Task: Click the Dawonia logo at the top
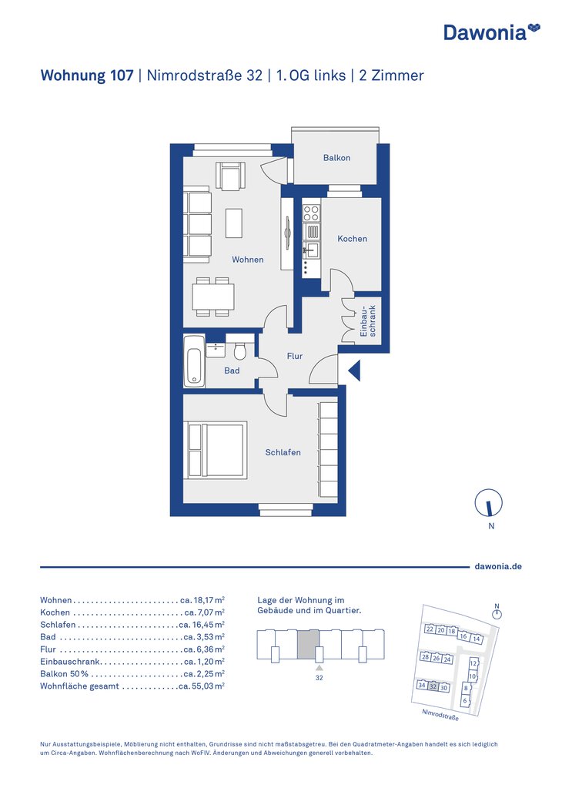click(492, 32)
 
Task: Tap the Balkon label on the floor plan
click(336, 158)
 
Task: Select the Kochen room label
click(352, 238)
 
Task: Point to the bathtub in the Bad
click(195, 361)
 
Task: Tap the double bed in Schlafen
click(217, 450)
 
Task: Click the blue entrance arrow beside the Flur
click(354, 371)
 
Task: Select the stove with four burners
click(311, 213)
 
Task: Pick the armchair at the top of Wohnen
click(230, 176)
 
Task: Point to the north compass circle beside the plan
click(489, 503)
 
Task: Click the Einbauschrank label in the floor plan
click(369, 321)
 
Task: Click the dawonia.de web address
click(498, 566)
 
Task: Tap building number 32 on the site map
click(433, 686)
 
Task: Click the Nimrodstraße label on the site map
click(440, 715)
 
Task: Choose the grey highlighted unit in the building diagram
click(308, 645)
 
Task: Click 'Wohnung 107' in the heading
click(87, 75)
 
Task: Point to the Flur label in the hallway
click(294, 356)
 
